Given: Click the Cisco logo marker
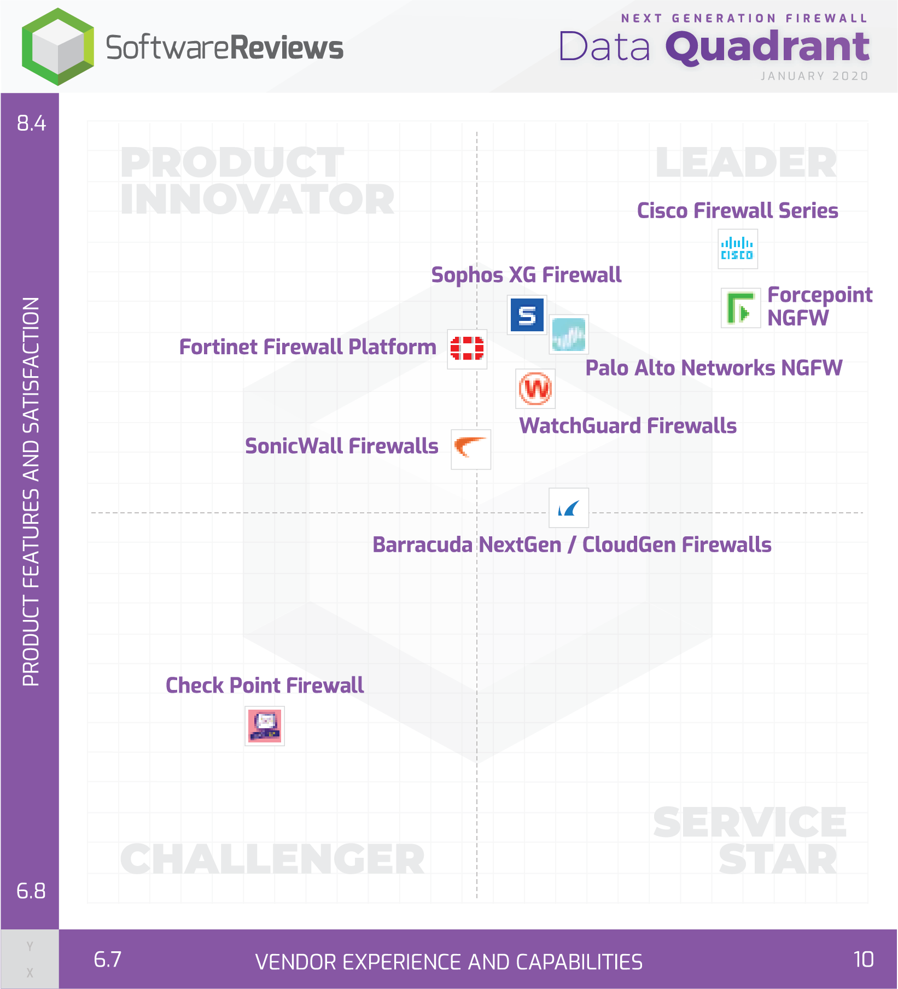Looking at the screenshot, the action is tap(738, 249).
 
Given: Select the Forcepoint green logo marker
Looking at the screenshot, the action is tap(741, 308).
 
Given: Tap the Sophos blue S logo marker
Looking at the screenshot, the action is tap(527, 315).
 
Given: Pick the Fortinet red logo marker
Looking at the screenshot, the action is tap(467, 349).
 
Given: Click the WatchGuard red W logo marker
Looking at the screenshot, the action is tap(535, 389).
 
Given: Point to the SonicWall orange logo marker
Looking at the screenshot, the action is tap(471, 449).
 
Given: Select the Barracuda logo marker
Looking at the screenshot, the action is tap(569, 508).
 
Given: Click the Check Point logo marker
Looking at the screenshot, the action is tap(265, 726).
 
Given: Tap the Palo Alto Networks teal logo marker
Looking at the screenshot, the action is tap(569, 335).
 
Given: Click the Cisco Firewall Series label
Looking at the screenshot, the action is tap(737, 210).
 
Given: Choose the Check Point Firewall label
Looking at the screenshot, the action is tap(265, 685).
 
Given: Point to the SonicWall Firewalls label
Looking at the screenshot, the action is tap(342, 446).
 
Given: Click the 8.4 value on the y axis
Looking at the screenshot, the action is tap(31, 123).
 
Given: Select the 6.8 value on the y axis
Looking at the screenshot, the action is tap(31, 891).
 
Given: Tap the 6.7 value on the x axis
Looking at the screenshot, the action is tap(108, 959).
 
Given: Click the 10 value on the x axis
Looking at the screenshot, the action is tap(864, 959).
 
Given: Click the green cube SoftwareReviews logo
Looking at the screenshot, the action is tap(58, 46).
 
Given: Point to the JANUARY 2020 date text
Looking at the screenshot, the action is tap(814, 76).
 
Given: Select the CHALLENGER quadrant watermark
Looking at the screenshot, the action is tap(272, 859).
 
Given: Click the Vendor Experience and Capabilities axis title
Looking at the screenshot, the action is tap(449, 962).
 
